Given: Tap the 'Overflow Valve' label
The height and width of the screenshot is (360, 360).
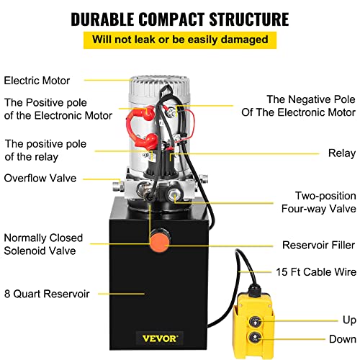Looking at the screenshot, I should click(x=39, y=178).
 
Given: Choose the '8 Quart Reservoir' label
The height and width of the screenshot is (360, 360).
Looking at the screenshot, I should click(x=48, y=293).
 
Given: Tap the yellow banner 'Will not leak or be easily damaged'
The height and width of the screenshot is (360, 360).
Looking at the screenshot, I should click(x=179, y=40).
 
